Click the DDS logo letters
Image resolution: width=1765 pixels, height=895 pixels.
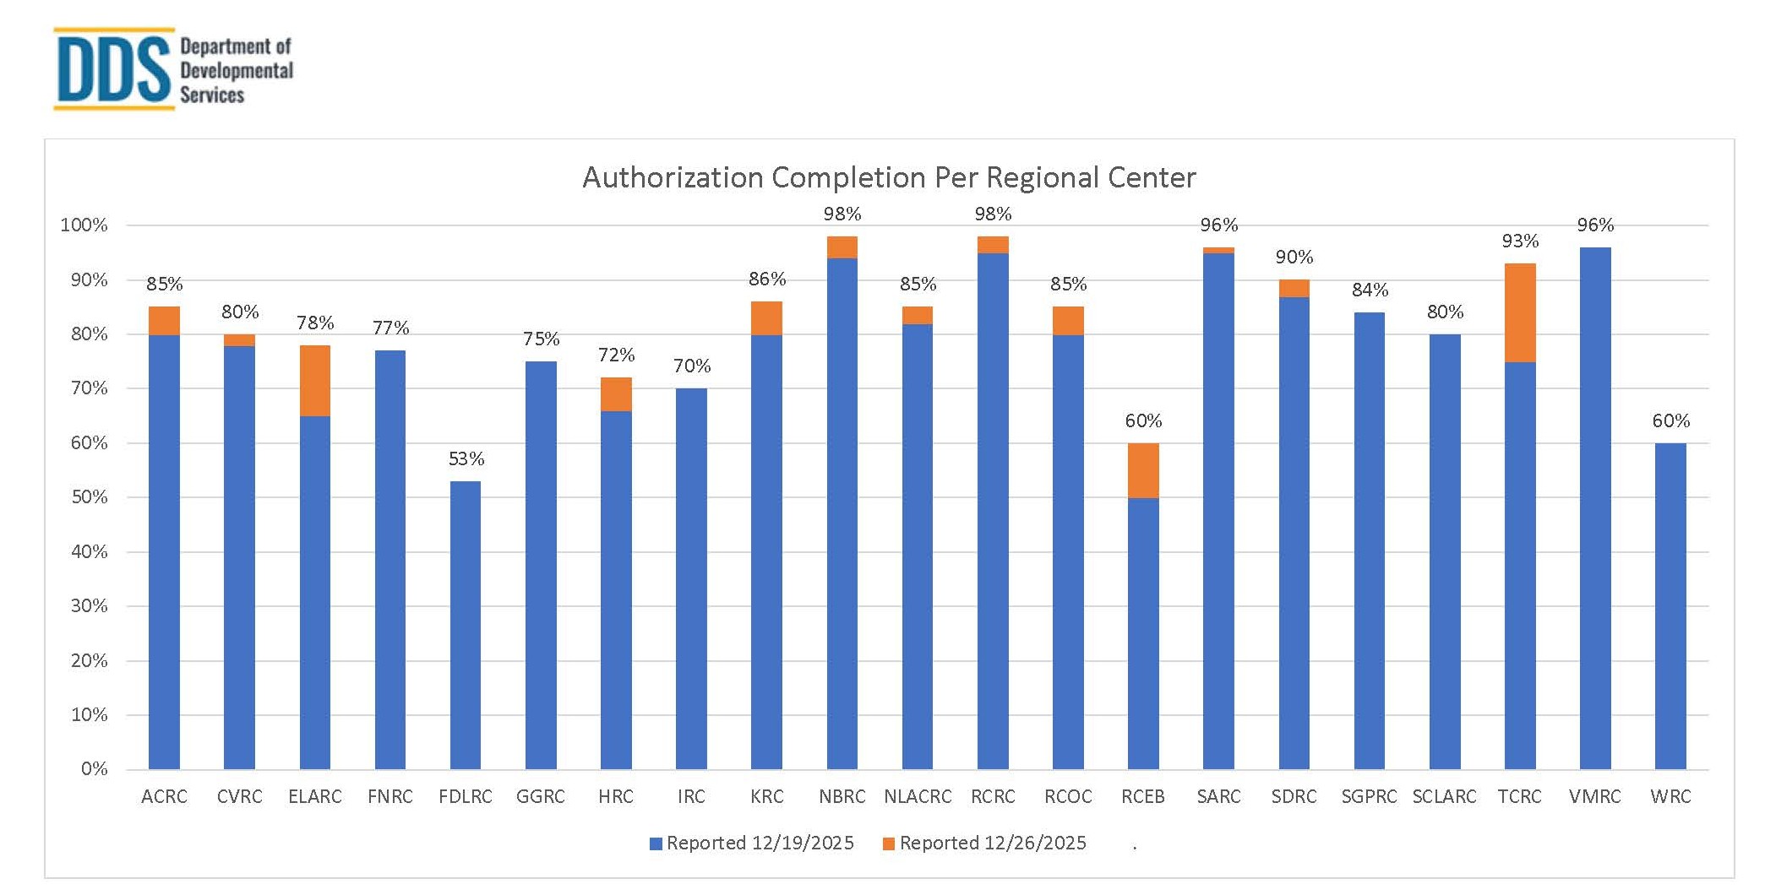[x=114, y=69]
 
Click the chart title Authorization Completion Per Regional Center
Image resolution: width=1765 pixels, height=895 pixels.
[x=889, y=177]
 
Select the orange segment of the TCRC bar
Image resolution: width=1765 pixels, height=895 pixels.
[x=1520, y=312]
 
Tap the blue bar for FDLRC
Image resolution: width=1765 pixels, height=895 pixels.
[x=466, y=625]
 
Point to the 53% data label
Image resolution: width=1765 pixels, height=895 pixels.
[x=466, y=458]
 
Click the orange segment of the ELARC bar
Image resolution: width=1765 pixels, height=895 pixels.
[x=315, y=381]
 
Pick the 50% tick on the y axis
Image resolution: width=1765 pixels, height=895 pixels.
[x=90, y=497]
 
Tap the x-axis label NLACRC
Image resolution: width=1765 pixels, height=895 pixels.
[x=918, y=796]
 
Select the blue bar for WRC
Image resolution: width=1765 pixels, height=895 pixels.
[x=1670, y=606]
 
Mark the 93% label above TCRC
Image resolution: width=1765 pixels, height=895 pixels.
[x=1520, y=241]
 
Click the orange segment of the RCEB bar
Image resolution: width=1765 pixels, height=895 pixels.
[x=1143, y=470]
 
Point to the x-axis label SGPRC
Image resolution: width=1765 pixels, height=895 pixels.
[x=1369, y=796]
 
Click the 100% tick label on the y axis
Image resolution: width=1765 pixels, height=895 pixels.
[x=84, y=225]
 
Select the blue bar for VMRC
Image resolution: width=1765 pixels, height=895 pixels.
[x=1595, y=507]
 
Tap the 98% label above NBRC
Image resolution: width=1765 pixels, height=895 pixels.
[x=842, y=214]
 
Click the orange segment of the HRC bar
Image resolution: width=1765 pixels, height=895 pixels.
[x=616, y=394]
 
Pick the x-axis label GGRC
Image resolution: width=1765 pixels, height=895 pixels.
[x=541, y=796]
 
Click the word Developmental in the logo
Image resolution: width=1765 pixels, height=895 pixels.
[x=237, y=71]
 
